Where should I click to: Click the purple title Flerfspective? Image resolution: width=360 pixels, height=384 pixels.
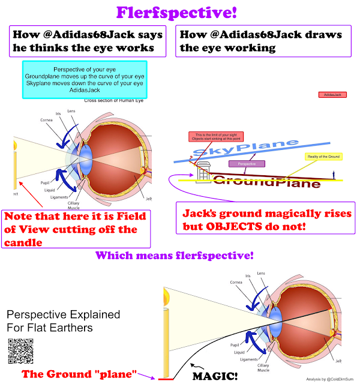(179, 11)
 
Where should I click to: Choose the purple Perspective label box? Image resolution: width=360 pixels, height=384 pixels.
(244, 163)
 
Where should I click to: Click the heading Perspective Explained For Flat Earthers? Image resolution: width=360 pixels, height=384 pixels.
(64, 322)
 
